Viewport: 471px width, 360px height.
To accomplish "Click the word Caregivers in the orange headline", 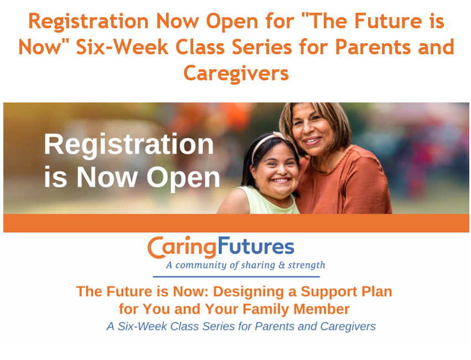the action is pos(236,74).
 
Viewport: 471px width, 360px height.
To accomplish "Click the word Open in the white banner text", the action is pos(183,178).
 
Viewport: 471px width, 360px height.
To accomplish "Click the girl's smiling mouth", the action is pos(281,181).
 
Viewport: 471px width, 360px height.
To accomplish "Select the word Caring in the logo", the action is pos(182,248).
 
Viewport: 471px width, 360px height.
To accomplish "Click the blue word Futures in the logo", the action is pos(256,246).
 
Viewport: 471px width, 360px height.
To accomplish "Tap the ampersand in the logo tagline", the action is pos(282,265).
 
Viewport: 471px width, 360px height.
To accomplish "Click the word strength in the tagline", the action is pos(307,265).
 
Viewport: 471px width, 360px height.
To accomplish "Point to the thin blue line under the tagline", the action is pos(236,276).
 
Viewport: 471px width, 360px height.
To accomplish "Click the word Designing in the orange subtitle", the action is pos(249,292).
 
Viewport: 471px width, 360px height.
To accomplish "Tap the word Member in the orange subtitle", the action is pos(322,309).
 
